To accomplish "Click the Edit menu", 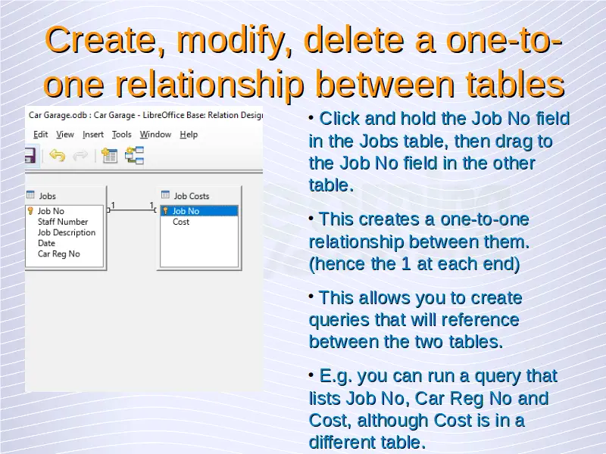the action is click(x=41, y=135).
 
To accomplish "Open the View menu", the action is click(x=65, y=135).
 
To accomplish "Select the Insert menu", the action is click(x=92, y=135).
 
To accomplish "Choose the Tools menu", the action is click(x=122, y=135).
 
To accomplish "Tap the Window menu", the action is click(x=155, y=135).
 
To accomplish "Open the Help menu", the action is click(x=189, y=135).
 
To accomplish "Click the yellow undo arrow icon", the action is click(x=58, y=156).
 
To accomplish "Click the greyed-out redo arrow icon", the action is click(x=80, y=156).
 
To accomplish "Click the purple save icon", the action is click(x=30, y=156).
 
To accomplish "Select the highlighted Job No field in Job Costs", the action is click(x=186, y=211).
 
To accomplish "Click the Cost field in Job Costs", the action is click(x=181, y=222).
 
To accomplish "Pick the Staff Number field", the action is click(x=63, y=222).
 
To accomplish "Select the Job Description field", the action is click(x=67, y=233).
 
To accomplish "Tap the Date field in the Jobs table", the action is click(x=46, y=243).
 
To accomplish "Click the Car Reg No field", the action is click(x=59, y=254).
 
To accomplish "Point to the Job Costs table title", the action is click(x=192, y=196).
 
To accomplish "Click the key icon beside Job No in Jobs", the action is click(x=30, y=211).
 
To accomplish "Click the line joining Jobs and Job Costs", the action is click(x=131, y=210).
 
